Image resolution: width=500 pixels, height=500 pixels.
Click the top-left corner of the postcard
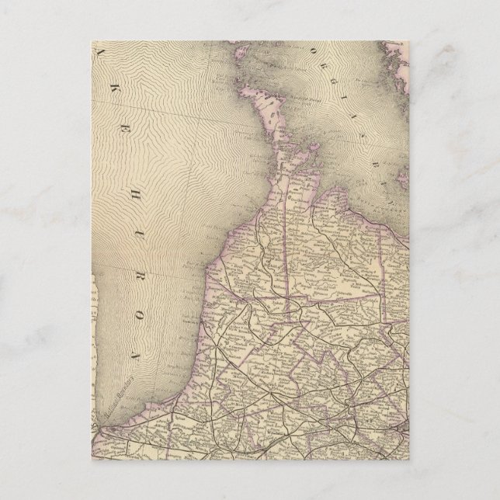tap(91, 42)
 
